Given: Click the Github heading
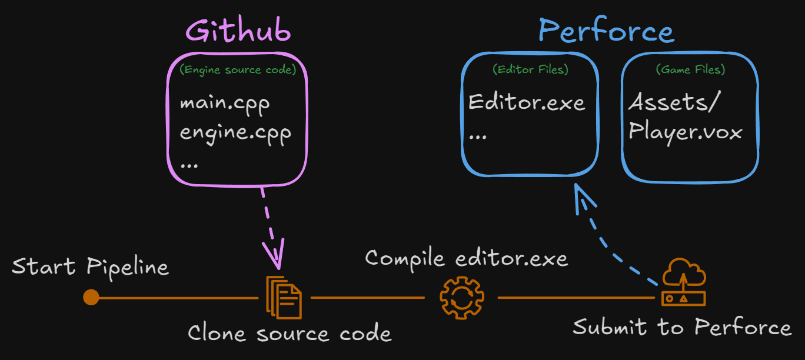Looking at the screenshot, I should pos(238,31).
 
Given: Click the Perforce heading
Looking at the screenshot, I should pos(606,31).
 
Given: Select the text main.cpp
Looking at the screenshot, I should pos(225,104).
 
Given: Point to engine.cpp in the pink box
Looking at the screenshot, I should pos(235,132).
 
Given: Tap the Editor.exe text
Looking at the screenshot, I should pos(527,103).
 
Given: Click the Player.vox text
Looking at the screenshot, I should pos(686,131).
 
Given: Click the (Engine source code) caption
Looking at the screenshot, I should pos(237,69).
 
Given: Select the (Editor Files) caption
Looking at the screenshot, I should pos(530,69).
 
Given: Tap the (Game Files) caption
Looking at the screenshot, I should pos(690,69).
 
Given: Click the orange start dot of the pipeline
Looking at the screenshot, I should pos(91,297).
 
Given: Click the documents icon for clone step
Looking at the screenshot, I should pos(284,295).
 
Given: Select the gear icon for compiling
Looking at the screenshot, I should pos(462,297).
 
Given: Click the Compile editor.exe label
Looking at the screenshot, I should pos(466,258).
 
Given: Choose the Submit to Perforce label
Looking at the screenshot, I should pos(682,327).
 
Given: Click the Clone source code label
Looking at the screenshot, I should pos(290,334).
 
